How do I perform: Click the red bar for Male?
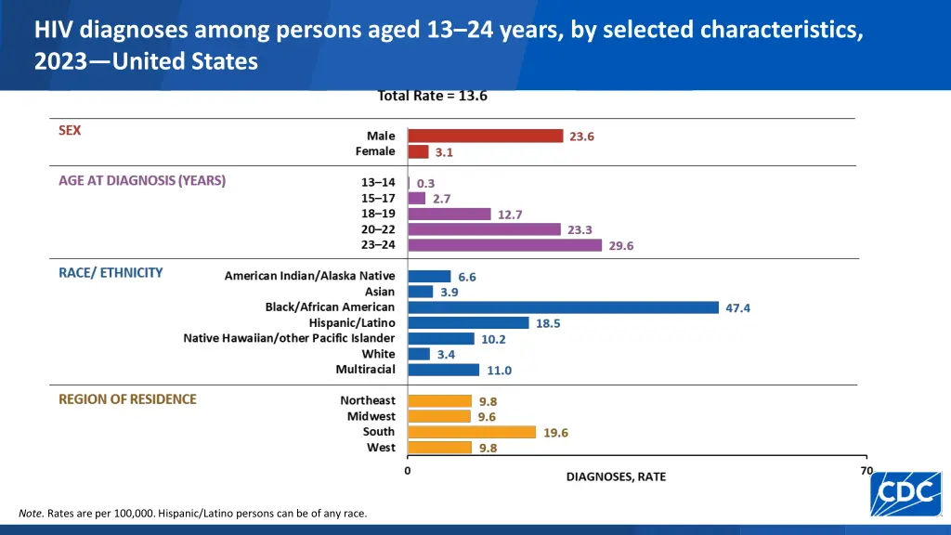tap(486, 136)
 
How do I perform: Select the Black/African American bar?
tap(563, 307)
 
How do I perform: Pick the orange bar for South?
tap(472, 432)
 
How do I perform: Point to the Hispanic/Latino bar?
tap(468, 323)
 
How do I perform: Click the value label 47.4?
tap(737, 308)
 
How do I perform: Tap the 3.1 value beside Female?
tap(444, 152)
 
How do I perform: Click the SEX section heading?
tap(70, 131)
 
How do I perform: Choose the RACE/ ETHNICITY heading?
tap(111, 273)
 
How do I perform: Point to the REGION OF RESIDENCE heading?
tap(127, 399)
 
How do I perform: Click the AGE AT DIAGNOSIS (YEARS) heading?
tap(142, 181)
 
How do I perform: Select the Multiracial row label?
tap(365, 370)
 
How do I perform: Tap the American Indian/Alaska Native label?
tap(309, 276)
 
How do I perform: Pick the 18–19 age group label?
tap(378, 214)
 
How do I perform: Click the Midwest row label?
tap(371, 417)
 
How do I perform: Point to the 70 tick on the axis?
tap(866, 471)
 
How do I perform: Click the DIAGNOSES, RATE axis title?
tap(616, 477)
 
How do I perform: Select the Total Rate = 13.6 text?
tap(432, 96)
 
